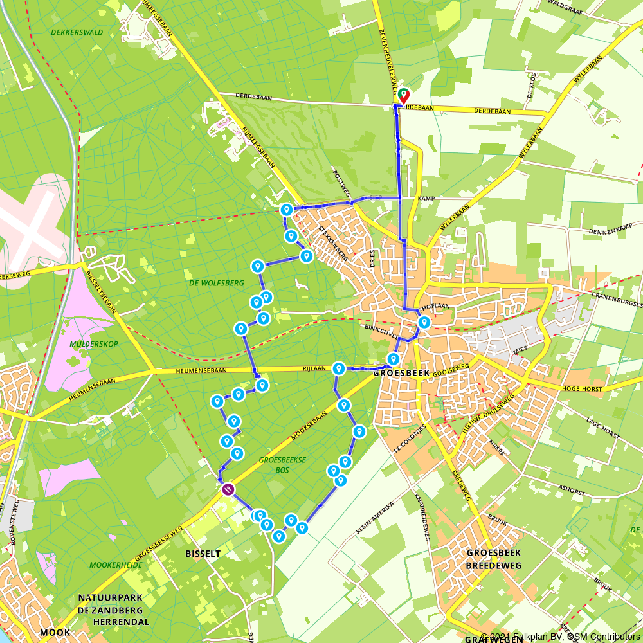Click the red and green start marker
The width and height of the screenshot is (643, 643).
(x=404, y=96)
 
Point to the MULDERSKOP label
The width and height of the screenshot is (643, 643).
(x=94, y=344)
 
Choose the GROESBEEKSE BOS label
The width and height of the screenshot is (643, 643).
(x=282, y=465)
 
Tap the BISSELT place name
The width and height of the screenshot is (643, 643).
(x=203, y=554)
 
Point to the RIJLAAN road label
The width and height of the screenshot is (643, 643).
(x=315, y=369)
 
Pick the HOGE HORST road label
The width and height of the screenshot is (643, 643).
(x=581, y=389)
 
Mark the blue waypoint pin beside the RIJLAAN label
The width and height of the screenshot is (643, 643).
(x=338, y=369)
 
